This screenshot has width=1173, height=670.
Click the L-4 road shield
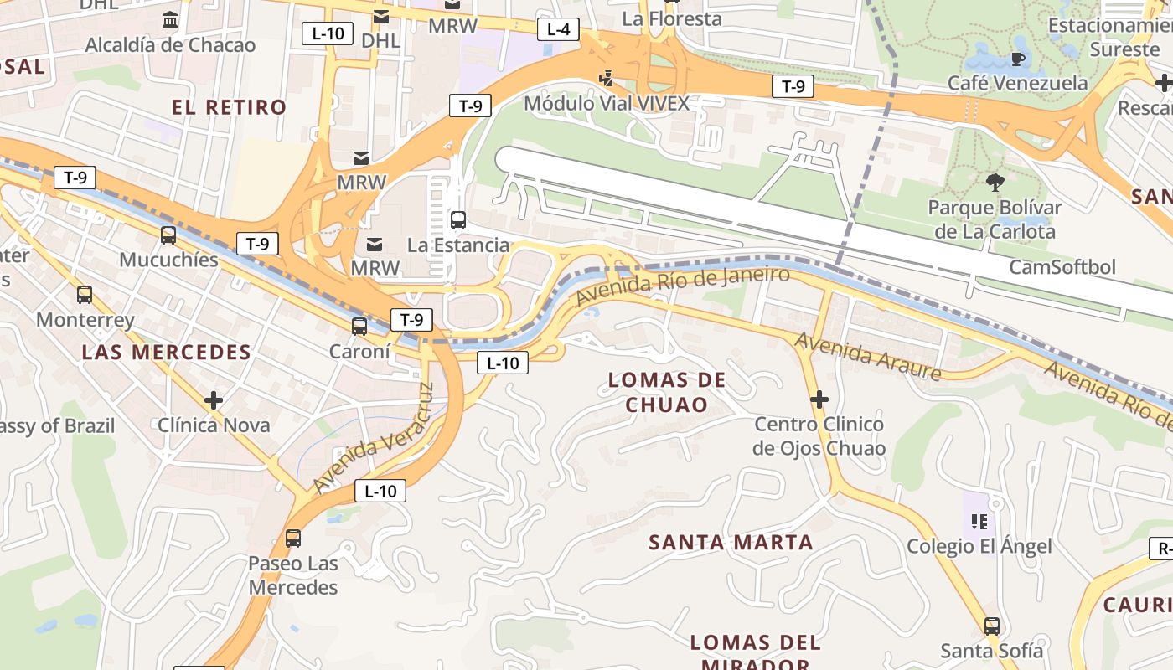[558, 30]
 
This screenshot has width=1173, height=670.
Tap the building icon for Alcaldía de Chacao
[170, 18]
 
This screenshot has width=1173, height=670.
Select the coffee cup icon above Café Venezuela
[1018, 58]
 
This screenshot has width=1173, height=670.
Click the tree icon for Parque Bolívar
[995, 182]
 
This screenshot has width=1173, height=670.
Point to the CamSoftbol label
[1062, 267]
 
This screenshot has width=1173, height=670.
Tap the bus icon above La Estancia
[458, 220]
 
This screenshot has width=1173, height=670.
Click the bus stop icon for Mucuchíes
[168, 235]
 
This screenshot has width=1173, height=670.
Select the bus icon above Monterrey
[85, 295]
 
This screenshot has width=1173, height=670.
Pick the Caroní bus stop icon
[359, 327]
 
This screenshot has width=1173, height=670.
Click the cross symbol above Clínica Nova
[214, 400]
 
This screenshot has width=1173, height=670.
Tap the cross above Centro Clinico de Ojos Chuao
[819, 399]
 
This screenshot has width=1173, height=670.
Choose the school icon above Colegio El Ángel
[979, 523]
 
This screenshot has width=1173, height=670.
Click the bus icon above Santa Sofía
[992, 626]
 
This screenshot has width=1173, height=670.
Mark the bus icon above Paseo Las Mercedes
[293, 539]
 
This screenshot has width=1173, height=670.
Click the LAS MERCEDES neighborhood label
[166, 353]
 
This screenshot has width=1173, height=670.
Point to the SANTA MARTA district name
[731, 543]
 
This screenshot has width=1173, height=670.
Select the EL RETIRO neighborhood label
[229, 107]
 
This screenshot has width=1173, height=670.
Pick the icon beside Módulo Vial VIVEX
[606, 79]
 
